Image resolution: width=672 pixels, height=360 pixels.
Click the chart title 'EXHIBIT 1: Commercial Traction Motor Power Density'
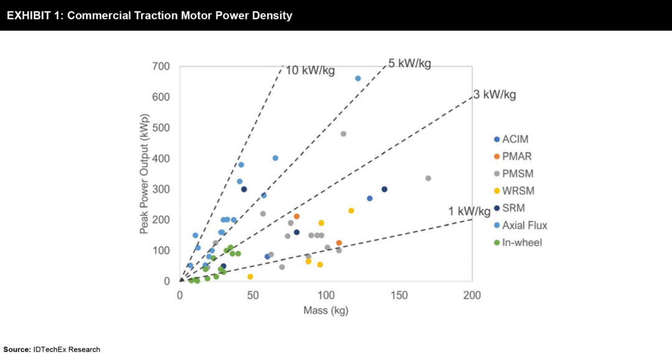coord(149,16)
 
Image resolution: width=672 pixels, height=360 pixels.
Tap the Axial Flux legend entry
coord(526,225)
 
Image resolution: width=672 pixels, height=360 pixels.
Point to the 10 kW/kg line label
coord(310,70)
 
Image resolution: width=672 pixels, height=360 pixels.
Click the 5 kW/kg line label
coord(409,63)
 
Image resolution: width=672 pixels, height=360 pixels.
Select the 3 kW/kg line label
coord(495,95)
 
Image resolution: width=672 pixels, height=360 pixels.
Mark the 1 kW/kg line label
coord(469,211)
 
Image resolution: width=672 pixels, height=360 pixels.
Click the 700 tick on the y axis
coord(161,67)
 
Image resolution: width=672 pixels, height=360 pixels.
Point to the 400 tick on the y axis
coord(161,159)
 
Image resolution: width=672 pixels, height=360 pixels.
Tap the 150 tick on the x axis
coord(399,294)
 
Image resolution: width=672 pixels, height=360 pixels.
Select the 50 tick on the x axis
coord(253,294)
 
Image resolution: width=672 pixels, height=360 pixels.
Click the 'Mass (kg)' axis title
coord(325,310)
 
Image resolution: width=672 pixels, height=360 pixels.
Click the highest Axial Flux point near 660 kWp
coord(358,78)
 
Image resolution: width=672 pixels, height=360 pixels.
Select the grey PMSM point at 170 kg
coord(428,178)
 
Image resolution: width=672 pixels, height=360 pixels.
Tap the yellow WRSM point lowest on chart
coord(250,277)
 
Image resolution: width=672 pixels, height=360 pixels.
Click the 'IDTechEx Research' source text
coord(67,349)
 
